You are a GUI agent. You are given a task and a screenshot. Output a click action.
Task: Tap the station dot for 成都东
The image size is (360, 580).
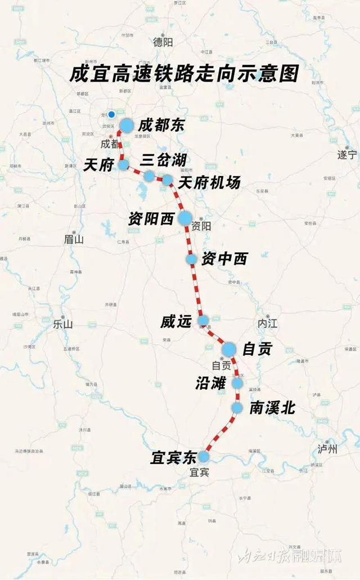[x=127, y=125]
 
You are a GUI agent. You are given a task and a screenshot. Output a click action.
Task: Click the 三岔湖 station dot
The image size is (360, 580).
[x=149, y=176]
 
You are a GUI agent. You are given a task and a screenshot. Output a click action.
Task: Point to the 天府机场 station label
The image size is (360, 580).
[x=209, y=183]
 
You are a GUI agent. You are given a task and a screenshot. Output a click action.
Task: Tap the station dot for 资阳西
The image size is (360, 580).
[x=185, y=219]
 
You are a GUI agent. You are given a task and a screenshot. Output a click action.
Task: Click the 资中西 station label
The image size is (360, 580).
[x=224, y=259]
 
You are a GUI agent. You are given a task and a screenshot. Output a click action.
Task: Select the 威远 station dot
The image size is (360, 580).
[x=203, y=321]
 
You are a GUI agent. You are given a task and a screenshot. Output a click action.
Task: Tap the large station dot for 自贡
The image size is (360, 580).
[x=228, y=349]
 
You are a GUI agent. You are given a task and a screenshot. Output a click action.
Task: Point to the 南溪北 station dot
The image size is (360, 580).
[x=237, y=407]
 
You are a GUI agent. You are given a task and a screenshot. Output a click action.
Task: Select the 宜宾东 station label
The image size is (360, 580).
[x=172, y=458]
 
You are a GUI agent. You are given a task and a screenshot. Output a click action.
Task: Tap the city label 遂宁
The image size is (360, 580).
[x=347, y=154]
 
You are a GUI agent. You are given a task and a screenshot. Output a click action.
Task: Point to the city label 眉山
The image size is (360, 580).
[x=74, y=239]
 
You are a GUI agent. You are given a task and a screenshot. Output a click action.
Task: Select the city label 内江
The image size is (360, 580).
[x=267, y=325]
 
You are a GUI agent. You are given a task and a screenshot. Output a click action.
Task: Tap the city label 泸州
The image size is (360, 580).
[x=327, y=448]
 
